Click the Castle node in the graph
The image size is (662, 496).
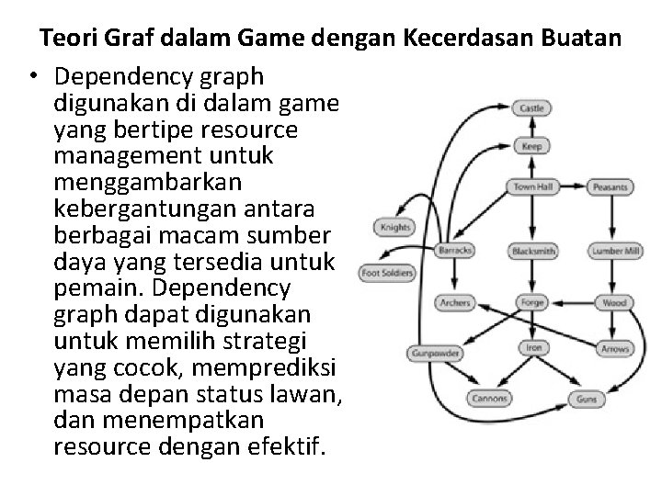click(x=532, y=107)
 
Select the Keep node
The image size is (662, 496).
click(x=531, y=146)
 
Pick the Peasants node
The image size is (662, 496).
click(x=611, y=187)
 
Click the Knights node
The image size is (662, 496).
click(x=394, y=228)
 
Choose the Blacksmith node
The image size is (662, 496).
click(x=532, y=250)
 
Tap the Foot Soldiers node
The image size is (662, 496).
click(x=387, y=272)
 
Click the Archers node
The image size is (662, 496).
click(x=454, y=302)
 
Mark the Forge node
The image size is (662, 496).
click(x=532, y=302)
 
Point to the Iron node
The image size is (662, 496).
click(x=533, y=347)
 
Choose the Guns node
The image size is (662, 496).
click(x=586, y=399)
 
